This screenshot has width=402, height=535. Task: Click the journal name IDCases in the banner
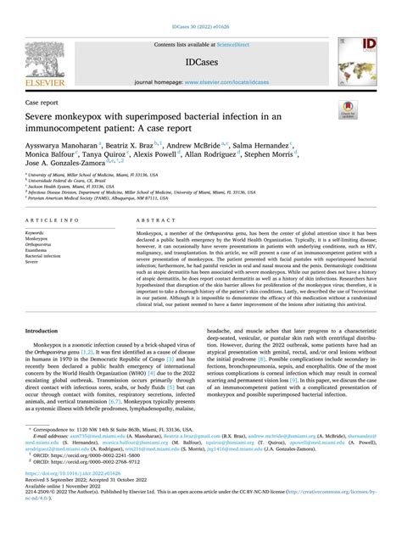point(201,63)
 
